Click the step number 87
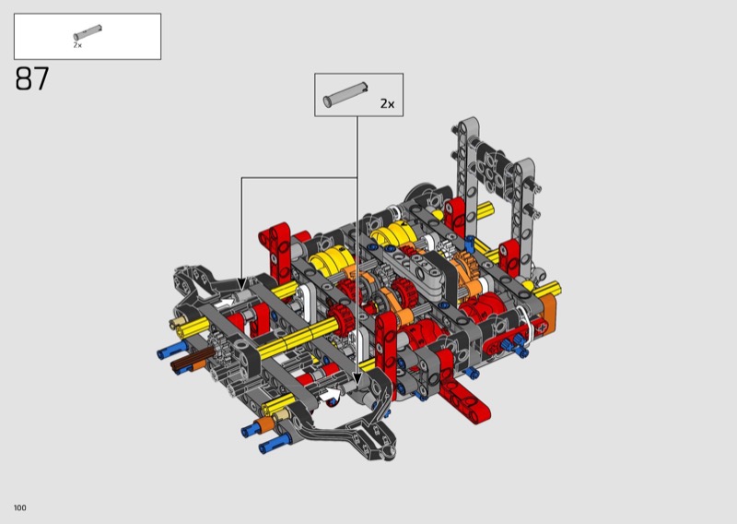32,78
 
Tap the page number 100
20,507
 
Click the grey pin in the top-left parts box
88,32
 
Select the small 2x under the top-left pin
77,45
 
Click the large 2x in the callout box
387,103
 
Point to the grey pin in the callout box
345,95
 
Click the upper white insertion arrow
226,303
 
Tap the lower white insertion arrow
331,395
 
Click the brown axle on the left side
188,363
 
